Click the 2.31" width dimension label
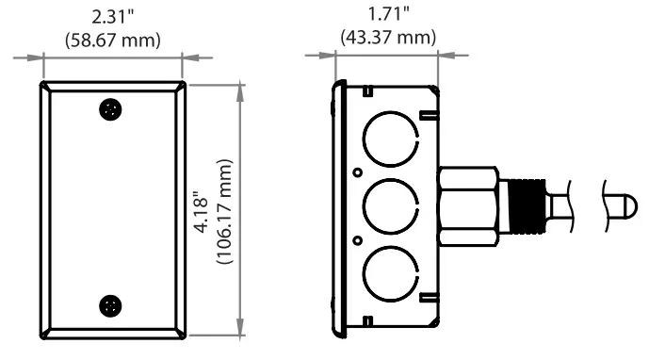click(113, 17)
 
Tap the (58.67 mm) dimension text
click(113, 41)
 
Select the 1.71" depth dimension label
click(389, 14)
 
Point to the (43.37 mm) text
click(389, 38)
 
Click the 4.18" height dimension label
click(202, 212)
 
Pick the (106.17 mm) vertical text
click(225, 212)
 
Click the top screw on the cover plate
click(110, 109)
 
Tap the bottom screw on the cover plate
click(110, 306)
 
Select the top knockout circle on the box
click(364, 139)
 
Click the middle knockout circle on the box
click(364, 205)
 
